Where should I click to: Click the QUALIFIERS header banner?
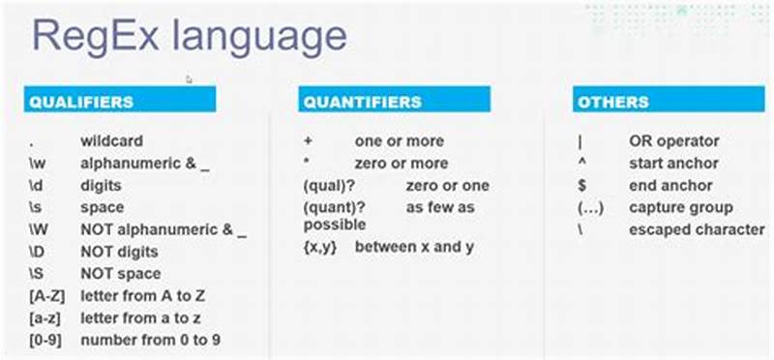(120, 101)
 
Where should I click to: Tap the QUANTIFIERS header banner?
(394, 101)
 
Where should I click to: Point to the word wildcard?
(111, 141)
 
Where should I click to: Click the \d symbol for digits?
(37, 185)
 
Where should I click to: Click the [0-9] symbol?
(45, 341)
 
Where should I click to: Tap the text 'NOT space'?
(121, 274)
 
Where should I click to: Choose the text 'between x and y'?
(413, 247)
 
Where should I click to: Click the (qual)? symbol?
(330, 185)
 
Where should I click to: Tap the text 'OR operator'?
(673, 141)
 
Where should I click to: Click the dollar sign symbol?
(580, 185)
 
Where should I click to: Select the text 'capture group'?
(680, 207)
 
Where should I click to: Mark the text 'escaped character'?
(697, 229)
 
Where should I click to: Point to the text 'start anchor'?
(673, 164)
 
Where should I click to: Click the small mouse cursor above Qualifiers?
(190, 79)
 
